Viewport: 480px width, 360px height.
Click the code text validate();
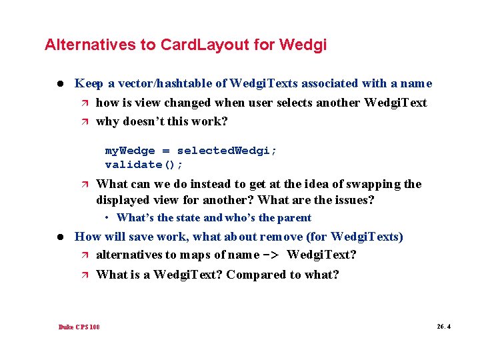click(x=143, y=164)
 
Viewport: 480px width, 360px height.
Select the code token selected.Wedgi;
click(x=227, y=151)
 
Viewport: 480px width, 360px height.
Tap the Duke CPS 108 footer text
click(x=79, y=327)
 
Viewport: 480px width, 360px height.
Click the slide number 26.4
click(x=443, y=327)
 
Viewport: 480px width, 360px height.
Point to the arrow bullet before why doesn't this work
click(x=83, y=122)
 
